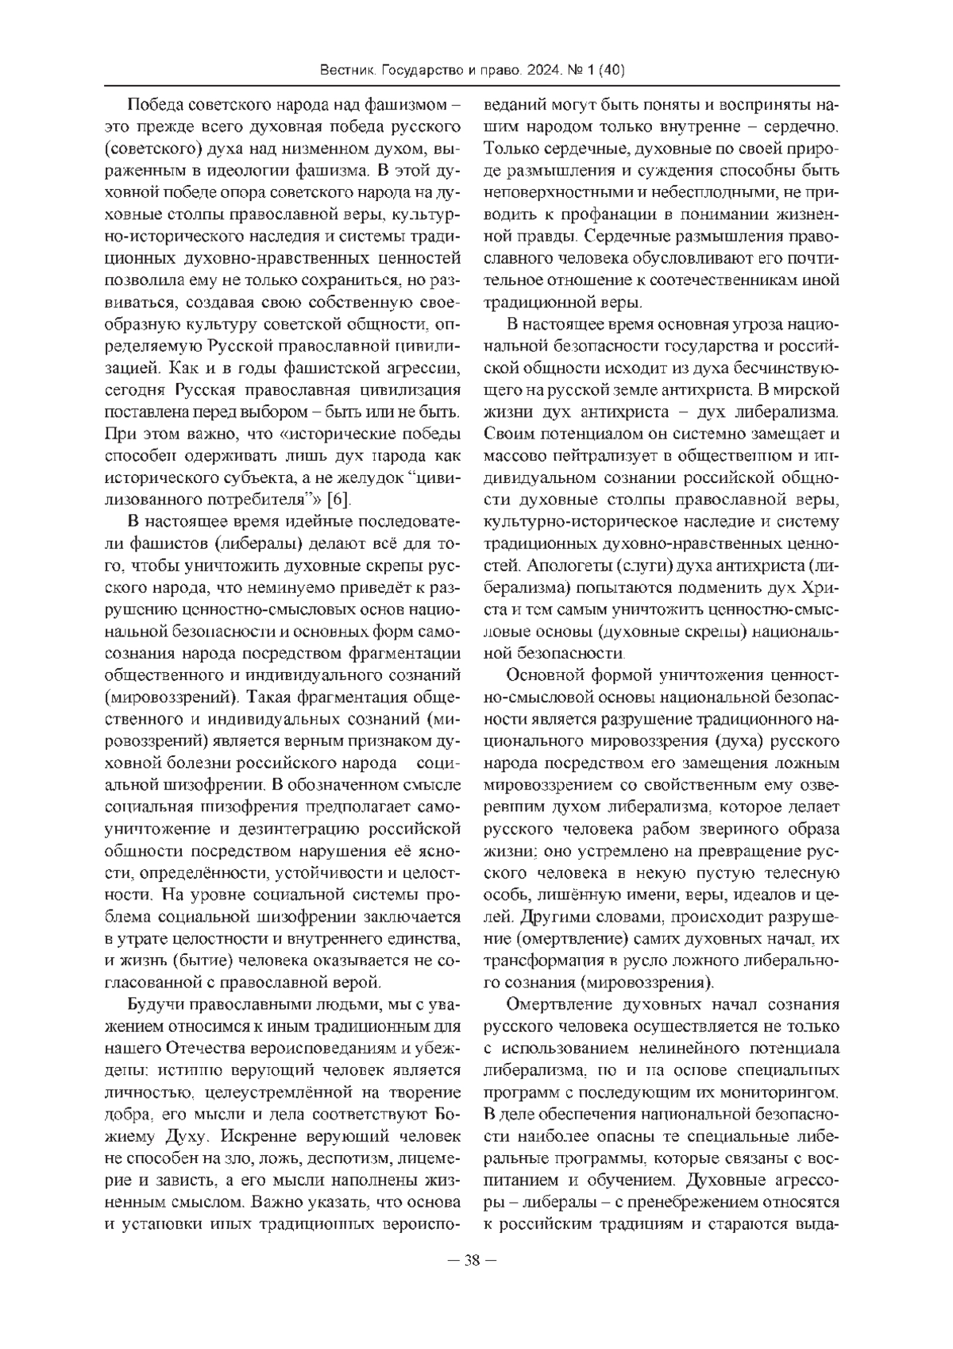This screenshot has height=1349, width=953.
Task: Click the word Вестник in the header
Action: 347,71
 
